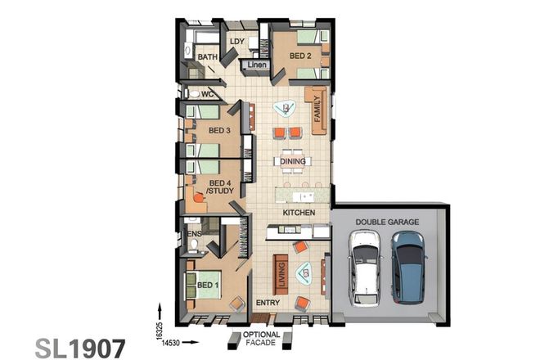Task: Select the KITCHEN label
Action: [299, 213]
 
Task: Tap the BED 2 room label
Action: [300, 56]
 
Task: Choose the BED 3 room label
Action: [218, 130]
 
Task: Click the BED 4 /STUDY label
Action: [220, 187]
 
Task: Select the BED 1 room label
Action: [209, 284]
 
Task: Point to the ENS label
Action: [194, 234]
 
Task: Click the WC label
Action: [206, 94]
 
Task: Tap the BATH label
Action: [207, 57]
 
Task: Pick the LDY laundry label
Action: [237, 41]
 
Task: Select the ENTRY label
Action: [268, 303]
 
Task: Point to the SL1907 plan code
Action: [81, 348]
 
